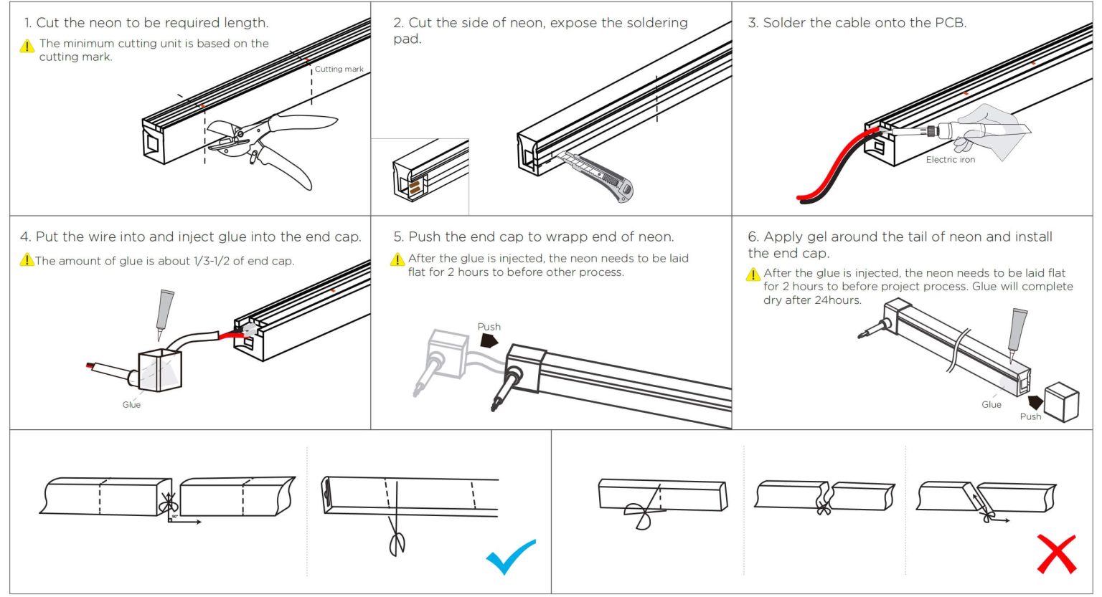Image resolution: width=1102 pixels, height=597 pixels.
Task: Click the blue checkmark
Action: [510, 556]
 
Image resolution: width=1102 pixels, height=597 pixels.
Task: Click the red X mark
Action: [1056, 553]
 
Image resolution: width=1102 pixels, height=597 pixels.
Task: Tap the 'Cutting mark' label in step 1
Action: [339, 70]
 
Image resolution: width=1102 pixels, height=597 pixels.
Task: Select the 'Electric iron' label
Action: [950, 160]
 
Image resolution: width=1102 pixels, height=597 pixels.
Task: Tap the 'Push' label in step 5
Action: [489, 327]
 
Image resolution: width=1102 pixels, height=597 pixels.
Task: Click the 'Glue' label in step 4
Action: [131, 405]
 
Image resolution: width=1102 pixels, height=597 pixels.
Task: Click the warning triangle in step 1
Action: [27, 47]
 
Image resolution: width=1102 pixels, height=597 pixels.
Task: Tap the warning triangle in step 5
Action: [397, 259]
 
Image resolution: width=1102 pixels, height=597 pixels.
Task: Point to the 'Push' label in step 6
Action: [1030, 416]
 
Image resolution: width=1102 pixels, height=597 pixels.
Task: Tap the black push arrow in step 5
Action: [489, 340]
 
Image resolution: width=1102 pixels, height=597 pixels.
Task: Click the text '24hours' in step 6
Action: [837, 300]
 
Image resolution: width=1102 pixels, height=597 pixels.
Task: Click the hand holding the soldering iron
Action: [994, 129]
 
